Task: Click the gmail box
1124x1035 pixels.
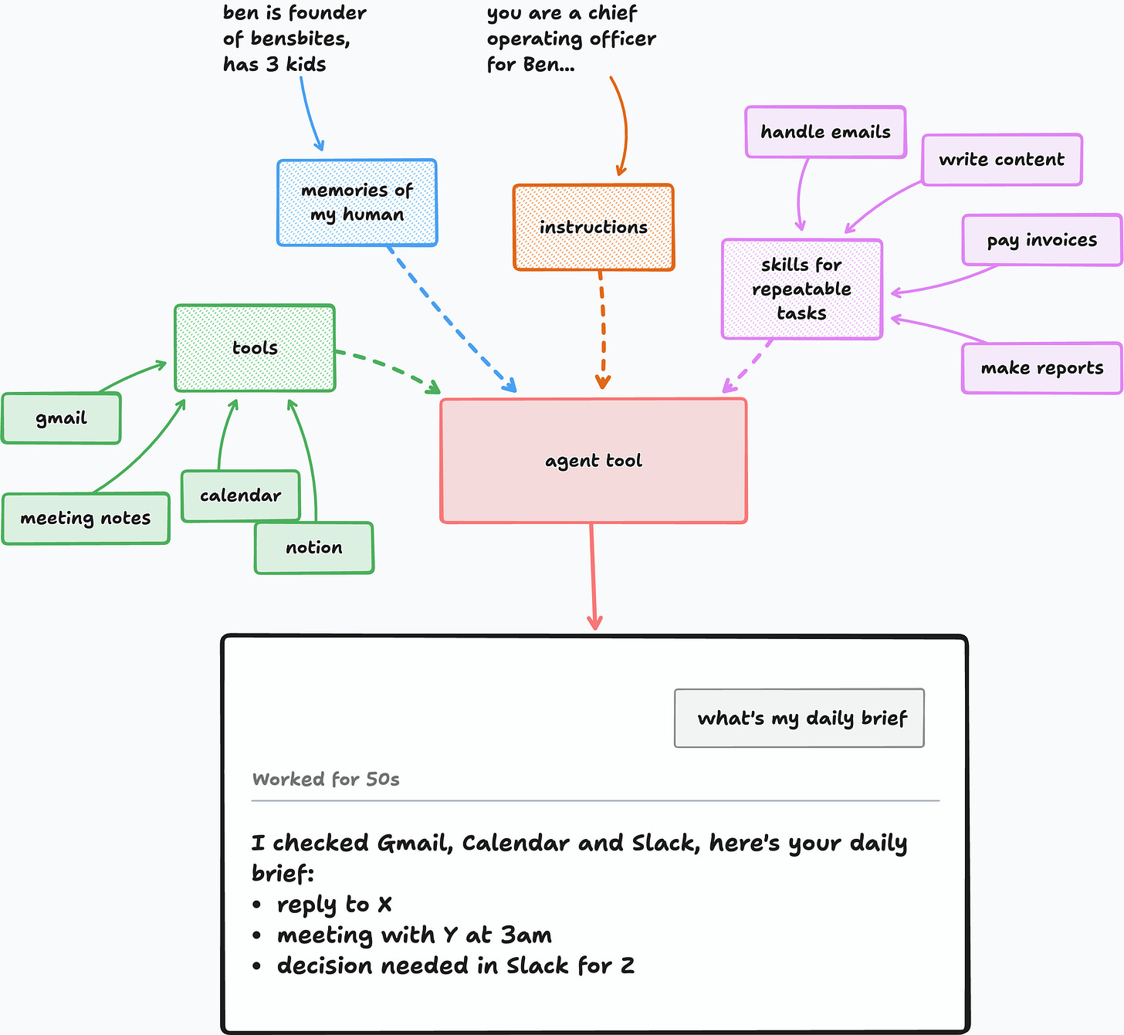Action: click(61, 418)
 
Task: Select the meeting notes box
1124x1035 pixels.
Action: click(86, 519)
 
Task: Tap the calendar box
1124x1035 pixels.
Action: click(241, 496)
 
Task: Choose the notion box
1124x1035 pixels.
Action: click(313, 547)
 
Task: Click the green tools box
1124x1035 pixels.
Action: click(255, 348)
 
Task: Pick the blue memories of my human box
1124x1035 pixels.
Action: click(357, 202)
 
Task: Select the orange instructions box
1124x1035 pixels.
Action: click(594, 228)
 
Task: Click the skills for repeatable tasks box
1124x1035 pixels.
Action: click(802, 289)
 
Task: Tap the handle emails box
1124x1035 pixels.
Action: click(825, 132)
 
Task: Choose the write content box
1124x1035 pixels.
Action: click(1002, 160)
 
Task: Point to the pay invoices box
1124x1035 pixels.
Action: click(1042, 240)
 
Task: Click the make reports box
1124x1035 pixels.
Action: click(1042, 368)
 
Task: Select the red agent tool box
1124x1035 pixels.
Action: click(594, 461)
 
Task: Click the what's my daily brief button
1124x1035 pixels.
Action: click(799, 718)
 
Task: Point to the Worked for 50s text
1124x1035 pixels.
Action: click(326, 779)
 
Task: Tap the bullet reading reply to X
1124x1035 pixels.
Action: click(322, 905)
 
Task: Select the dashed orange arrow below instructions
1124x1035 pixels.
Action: click(603, 330)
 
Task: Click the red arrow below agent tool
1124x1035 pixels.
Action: click(593, 577)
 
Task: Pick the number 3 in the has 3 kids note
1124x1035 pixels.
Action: click(273, 64)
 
